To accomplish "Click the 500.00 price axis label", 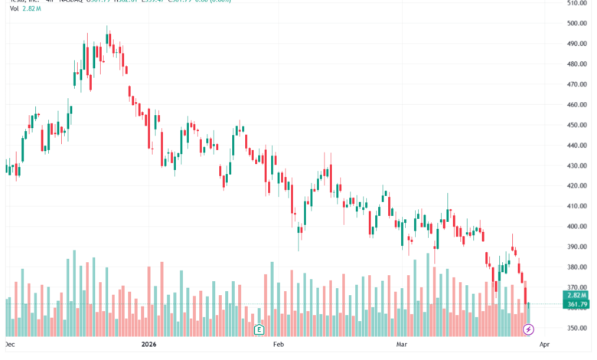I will (x=576, y=23).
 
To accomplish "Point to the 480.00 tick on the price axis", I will (x=576, y=64).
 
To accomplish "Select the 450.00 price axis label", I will (x=576, y=125).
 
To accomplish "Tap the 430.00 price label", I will (x=576, y=165).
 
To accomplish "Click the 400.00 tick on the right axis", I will (x=576, y=227).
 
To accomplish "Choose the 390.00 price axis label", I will (x=576, y=247).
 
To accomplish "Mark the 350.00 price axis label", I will (x=576, y=329).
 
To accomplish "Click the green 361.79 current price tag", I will (x=576, y=305).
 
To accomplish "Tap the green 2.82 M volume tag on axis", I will (x=576, y=295).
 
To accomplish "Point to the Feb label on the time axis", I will (x=279, y=345).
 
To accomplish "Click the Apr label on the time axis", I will (x=544, y=345).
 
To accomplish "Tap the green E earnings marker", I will (x=259, y=329).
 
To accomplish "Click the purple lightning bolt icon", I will (x=528, y=329).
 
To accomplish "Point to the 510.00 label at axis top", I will (x=576, y=3).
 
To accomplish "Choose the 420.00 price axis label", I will (x=576, y=185).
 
